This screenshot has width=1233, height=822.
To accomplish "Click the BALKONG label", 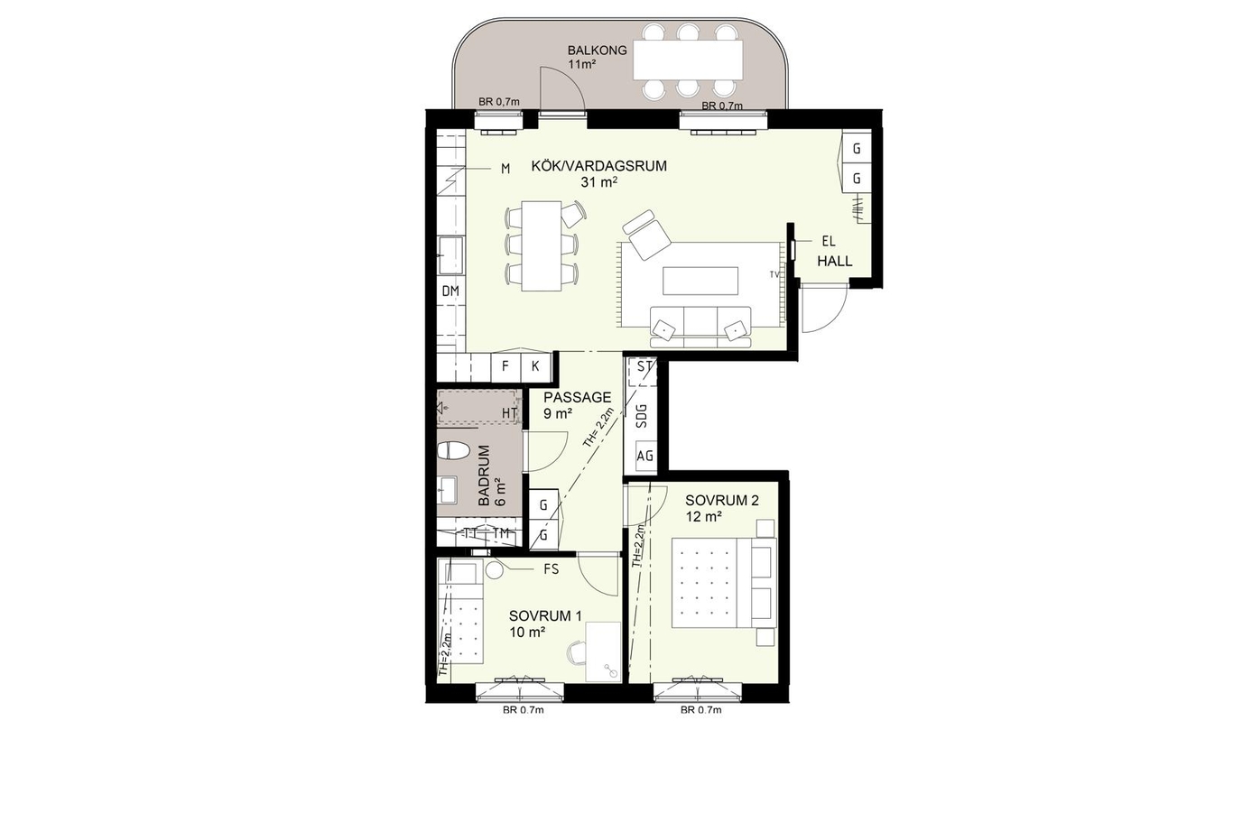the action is coord(598,50).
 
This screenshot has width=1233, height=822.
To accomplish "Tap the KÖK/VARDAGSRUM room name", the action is coord(598,166).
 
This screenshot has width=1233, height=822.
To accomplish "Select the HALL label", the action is coord(834,261).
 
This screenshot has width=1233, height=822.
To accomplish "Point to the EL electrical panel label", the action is coord(829,241).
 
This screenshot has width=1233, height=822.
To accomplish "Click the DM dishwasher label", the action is coord(450,291).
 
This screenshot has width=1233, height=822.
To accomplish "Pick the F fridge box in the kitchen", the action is coord(505,365).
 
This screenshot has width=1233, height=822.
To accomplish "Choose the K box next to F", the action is coord(535,365).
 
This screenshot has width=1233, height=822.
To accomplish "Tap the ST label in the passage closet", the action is coord(644,366).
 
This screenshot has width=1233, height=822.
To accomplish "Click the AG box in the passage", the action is coord(645,456).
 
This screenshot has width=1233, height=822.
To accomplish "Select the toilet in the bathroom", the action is coord(452,450).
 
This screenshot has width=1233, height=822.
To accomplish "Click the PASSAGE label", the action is coord(577,397).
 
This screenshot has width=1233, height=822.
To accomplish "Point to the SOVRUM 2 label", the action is coord(721,500).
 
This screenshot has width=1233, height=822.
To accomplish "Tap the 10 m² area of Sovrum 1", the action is coord(527,633).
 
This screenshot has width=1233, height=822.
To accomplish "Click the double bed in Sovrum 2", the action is coord(724,583).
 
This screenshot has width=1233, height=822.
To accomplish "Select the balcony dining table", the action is coord(688,60).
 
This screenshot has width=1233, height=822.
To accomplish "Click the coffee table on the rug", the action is coord(700,282).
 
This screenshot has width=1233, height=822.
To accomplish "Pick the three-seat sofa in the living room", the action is coord(700,327).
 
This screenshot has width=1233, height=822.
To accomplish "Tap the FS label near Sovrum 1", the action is coord(551,569).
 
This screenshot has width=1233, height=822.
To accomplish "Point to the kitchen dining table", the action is coord(542,246).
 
